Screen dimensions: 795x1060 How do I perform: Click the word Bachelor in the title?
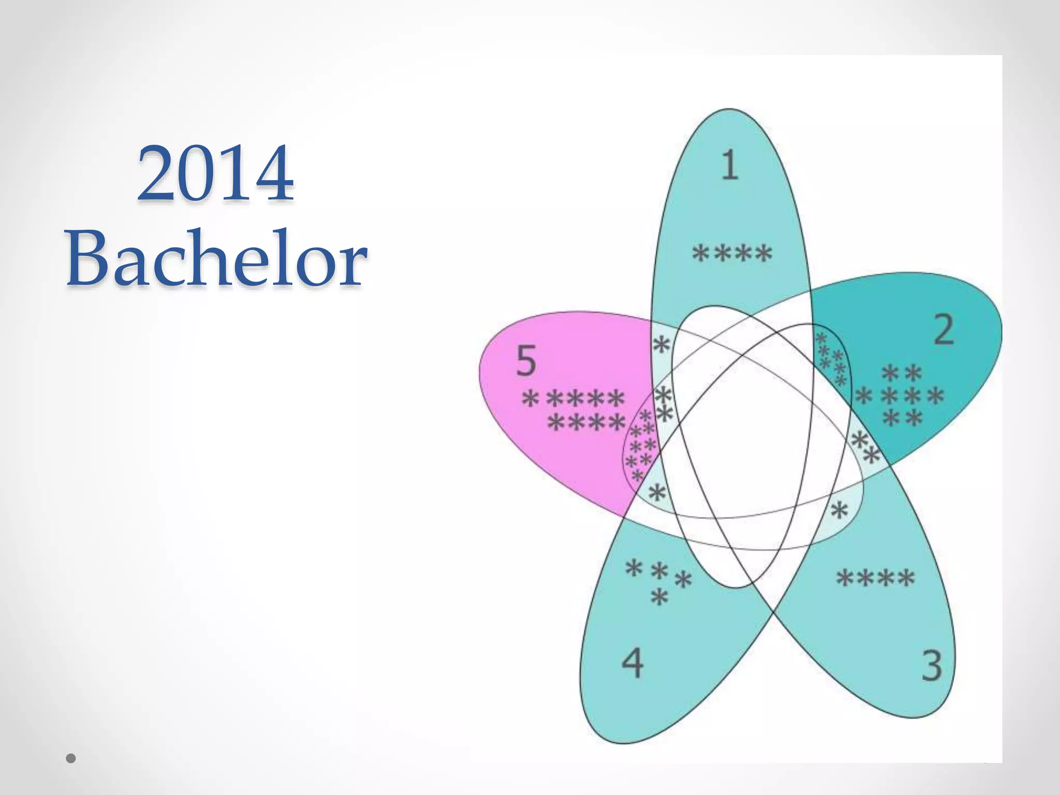tap(216, 258)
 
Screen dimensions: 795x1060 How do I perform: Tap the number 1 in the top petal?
tap(730, 165)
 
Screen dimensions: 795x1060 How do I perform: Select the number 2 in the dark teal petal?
tap(944, 330)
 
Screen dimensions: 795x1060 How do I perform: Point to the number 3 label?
tap(932, 666)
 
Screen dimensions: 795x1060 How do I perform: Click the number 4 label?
tap(632, 662)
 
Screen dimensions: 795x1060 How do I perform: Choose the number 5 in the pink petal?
tap(526, 361)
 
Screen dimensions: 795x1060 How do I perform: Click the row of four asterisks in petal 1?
tap(732, 254)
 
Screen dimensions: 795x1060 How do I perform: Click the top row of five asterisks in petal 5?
tap(573, 399)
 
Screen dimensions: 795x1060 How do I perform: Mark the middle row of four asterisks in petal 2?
tap(900, 397)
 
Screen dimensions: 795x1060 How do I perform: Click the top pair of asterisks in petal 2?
tap(902, 373)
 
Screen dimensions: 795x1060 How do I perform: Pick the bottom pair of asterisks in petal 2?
tap(903, 418)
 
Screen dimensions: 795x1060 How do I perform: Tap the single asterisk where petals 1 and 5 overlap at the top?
tap(661, 344)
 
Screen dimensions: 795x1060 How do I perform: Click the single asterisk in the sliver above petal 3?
tap(839, 511)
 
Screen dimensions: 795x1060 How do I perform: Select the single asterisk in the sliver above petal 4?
tap(657, 492)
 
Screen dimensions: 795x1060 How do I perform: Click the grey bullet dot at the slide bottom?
tap(71, 758)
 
